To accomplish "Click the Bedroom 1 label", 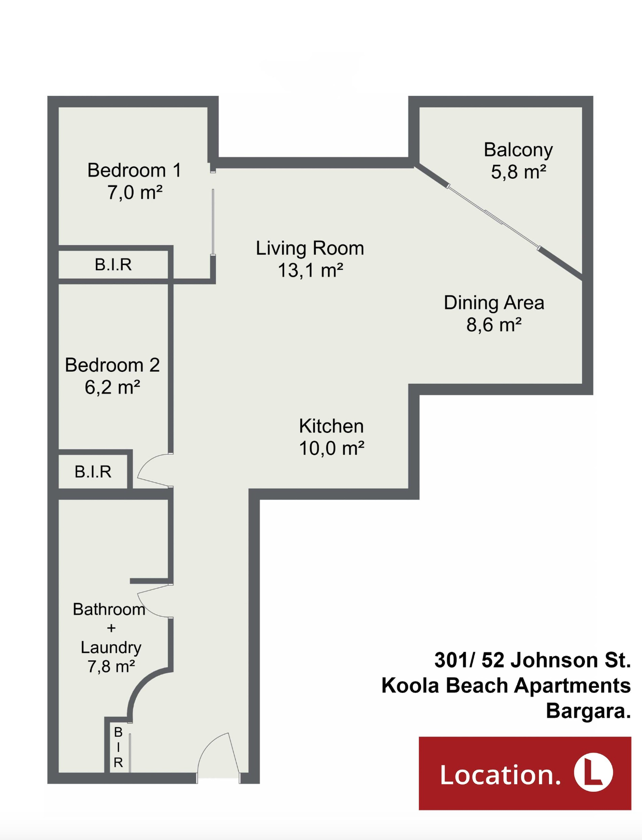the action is [x=134, y=170].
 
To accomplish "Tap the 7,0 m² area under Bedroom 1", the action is [x=135, y=192].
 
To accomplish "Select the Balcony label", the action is [x=518, y=150].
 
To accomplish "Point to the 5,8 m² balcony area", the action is [x=518, y=172].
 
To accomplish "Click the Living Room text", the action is [x=310, y=248].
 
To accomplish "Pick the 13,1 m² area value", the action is [x=310, y=270].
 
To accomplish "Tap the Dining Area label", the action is [x=494, y=303].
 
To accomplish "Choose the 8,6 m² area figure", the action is [x=494, y=325].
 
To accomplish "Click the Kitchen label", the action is [x=331, y=426].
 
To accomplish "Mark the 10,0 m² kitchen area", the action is [x=331, y=448].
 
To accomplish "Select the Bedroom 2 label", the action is [x=112, y=365].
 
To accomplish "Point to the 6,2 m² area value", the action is [x=112, y=387].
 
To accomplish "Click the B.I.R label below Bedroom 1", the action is [x=113, y=265].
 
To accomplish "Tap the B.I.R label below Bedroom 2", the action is [x=93, y=472].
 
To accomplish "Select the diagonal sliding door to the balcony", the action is [x=493, y=218].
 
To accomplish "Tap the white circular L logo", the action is [x=593, y=773].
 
